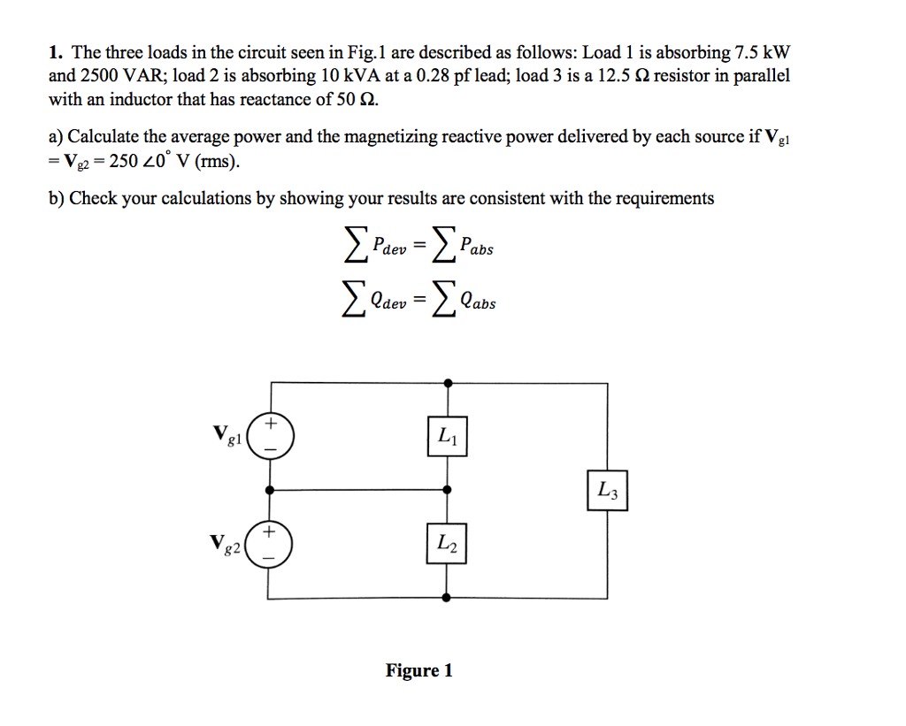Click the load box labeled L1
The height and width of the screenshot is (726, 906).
[447, 436]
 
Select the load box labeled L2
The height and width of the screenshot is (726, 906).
[447, 543]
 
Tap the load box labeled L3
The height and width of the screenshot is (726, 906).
[608, 490]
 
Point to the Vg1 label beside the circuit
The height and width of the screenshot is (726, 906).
[227, 434]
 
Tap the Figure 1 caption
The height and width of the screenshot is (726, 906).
[419, 670]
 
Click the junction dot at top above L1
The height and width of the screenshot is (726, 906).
[448, 383]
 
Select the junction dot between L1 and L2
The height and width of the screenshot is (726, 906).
[448, 488]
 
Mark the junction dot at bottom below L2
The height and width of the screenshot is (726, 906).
[448, 598]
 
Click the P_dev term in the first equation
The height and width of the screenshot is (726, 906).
[387, 248]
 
